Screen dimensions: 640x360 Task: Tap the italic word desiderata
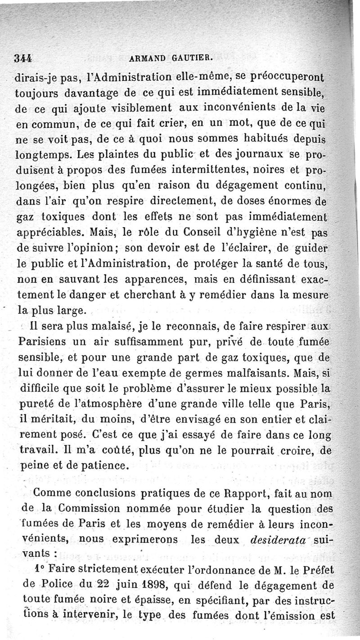click(x=270, y=539)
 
